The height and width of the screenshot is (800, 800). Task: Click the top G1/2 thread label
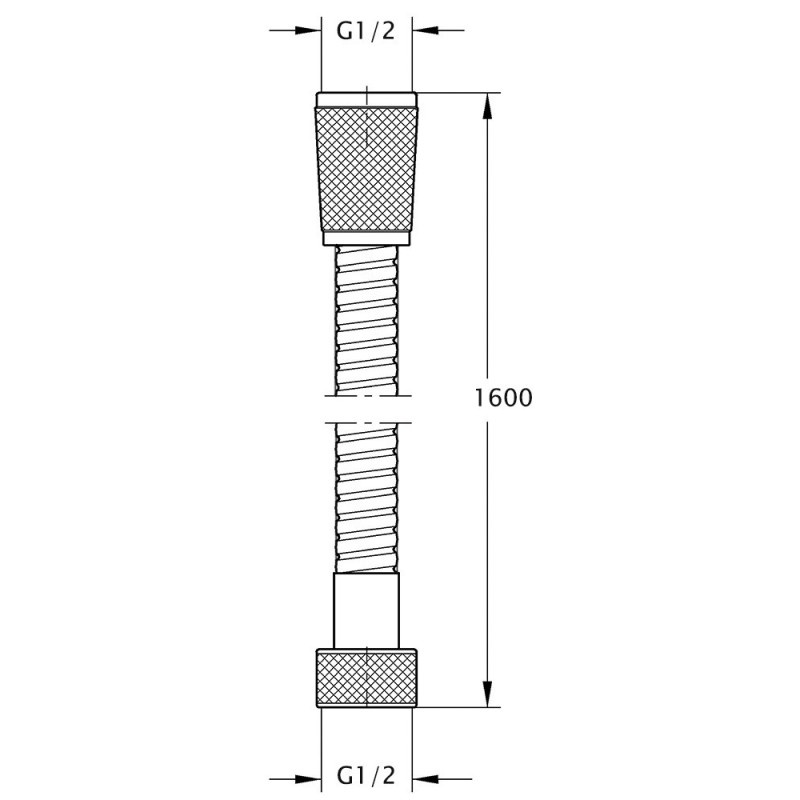(366, 31)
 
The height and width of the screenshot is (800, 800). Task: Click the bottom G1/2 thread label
(366, 776)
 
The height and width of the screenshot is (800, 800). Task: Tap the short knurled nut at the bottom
(366, 678)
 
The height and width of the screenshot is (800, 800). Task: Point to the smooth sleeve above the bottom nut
(366, 610)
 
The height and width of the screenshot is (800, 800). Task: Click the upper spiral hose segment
(366, 320)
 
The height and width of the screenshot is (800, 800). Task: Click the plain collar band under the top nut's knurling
(366, 237)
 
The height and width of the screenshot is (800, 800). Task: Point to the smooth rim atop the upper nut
(366, 98)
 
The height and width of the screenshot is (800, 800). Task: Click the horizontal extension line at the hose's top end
(455, 93)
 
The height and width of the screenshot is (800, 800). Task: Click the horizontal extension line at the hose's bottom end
(455, 707)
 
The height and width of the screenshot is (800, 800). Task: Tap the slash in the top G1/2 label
(375, 31)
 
